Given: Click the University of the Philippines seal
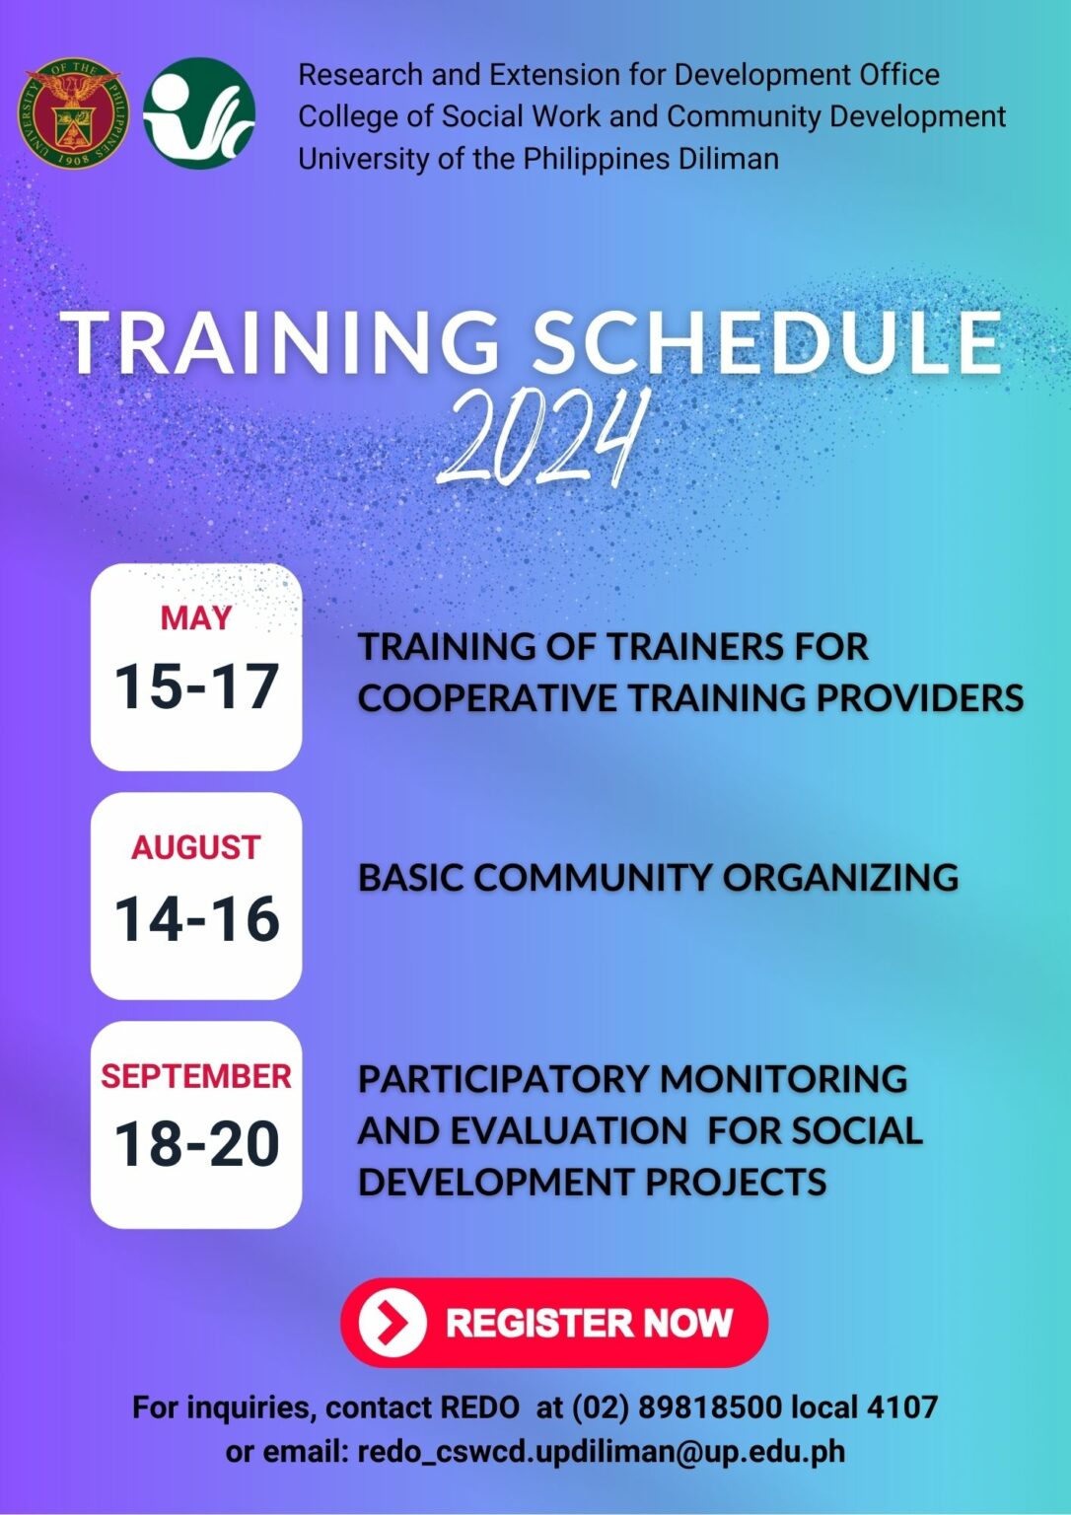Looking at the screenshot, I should pos(74,112).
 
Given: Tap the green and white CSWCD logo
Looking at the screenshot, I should pos(199,112).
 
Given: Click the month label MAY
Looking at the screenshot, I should pos(196,618).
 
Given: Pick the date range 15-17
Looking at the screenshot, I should pos(196,686).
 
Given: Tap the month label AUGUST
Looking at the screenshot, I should pos(196,847).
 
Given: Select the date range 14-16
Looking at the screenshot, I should pos(196,918).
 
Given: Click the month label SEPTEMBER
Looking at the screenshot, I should pos(196,1076).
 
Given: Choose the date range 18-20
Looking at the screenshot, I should pos(196,1144).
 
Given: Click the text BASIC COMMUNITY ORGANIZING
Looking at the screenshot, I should pos(658,878).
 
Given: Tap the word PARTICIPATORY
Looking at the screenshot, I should pos(504,1079).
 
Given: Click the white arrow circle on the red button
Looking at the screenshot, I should pos(393,1323).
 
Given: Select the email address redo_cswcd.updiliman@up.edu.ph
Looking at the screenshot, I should pos(601,1452).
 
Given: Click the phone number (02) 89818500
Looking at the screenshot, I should pos(677,1407).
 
